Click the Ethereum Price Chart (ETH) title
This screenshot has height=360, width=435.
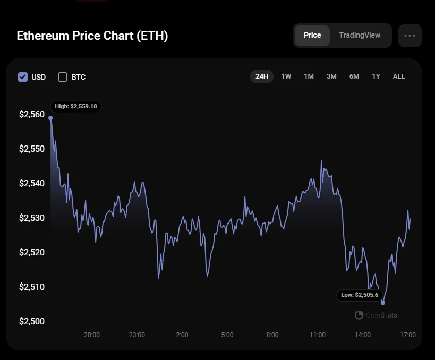(x=92, y=36)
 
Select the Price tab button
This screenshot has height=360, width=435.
(x=312, y=36)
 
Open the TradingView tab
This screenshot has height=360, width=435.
(x=360, y=36)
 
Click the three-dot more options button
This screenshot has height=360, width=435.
(x=410, y=36)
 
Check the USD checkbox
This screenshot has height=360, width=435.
(x=23, y=77)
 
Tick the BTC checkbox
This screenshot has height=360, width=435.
(x=63, y=77)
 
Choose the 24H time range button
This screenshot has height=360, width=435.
(x=262, y=76)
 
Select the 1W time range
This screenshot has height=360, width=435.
(x=286, y=76)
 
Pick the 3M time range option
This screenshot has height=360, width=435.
(x=331, y=76)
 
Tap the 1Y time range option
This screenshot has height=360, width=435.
(x=376, y=76)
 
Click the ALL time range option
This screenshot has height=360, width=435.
(x=399, y=76)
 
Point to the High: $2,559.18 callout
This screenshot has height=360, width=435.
(x=76, y=107)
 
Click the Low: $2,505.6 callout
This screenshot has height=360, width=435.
(x=360, y=295)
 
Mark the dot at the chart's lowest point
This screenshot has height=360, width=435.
(x=383, y=303)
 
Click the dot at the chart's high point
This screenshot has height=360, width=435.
(x=50, y=118)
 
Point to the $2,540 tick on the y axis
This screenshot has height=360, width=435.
(x=32, y=183)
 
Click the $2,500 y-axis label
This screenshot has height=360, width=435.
(x=32, y=321)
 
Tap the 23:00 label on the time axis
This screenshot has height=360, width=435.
(x=137, y=335)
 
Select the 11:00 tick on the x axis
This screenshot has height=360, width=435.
(x=318, y=335)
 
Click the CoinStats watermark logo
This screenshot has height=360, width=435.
(x=359, y=315)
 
